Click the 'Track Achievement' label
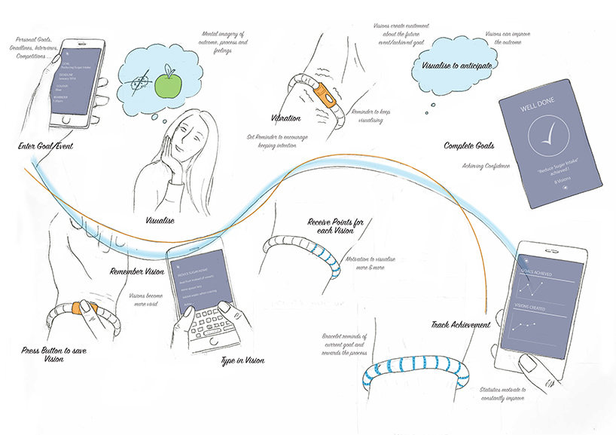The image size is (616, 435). pos(461,325)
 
